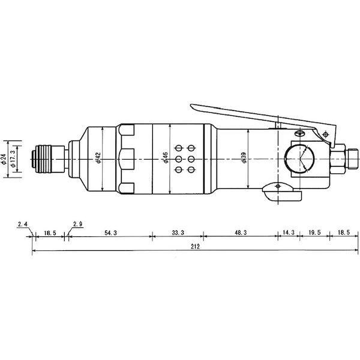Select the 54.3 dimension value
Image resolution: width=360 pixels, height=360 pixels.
coord(110,232)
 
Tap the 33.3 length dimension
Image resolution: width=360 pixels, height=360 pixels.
coord(178,232)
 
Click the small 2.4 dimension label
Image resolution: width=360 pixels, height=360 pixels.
coord(23,224)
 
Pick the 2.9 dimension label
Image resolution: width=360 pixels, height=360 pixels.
coord(77,224)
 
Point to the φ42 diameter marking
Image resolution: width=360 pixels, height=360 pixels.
coord(97,160)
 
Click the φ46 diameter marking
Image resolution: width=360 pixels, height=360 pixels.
coord(165,159)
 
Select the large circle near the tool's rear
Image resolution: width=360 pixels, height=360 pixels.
coord(298,159)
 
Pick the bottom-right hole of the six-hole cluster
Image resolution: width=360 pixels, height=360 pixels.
coord(191,170)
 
